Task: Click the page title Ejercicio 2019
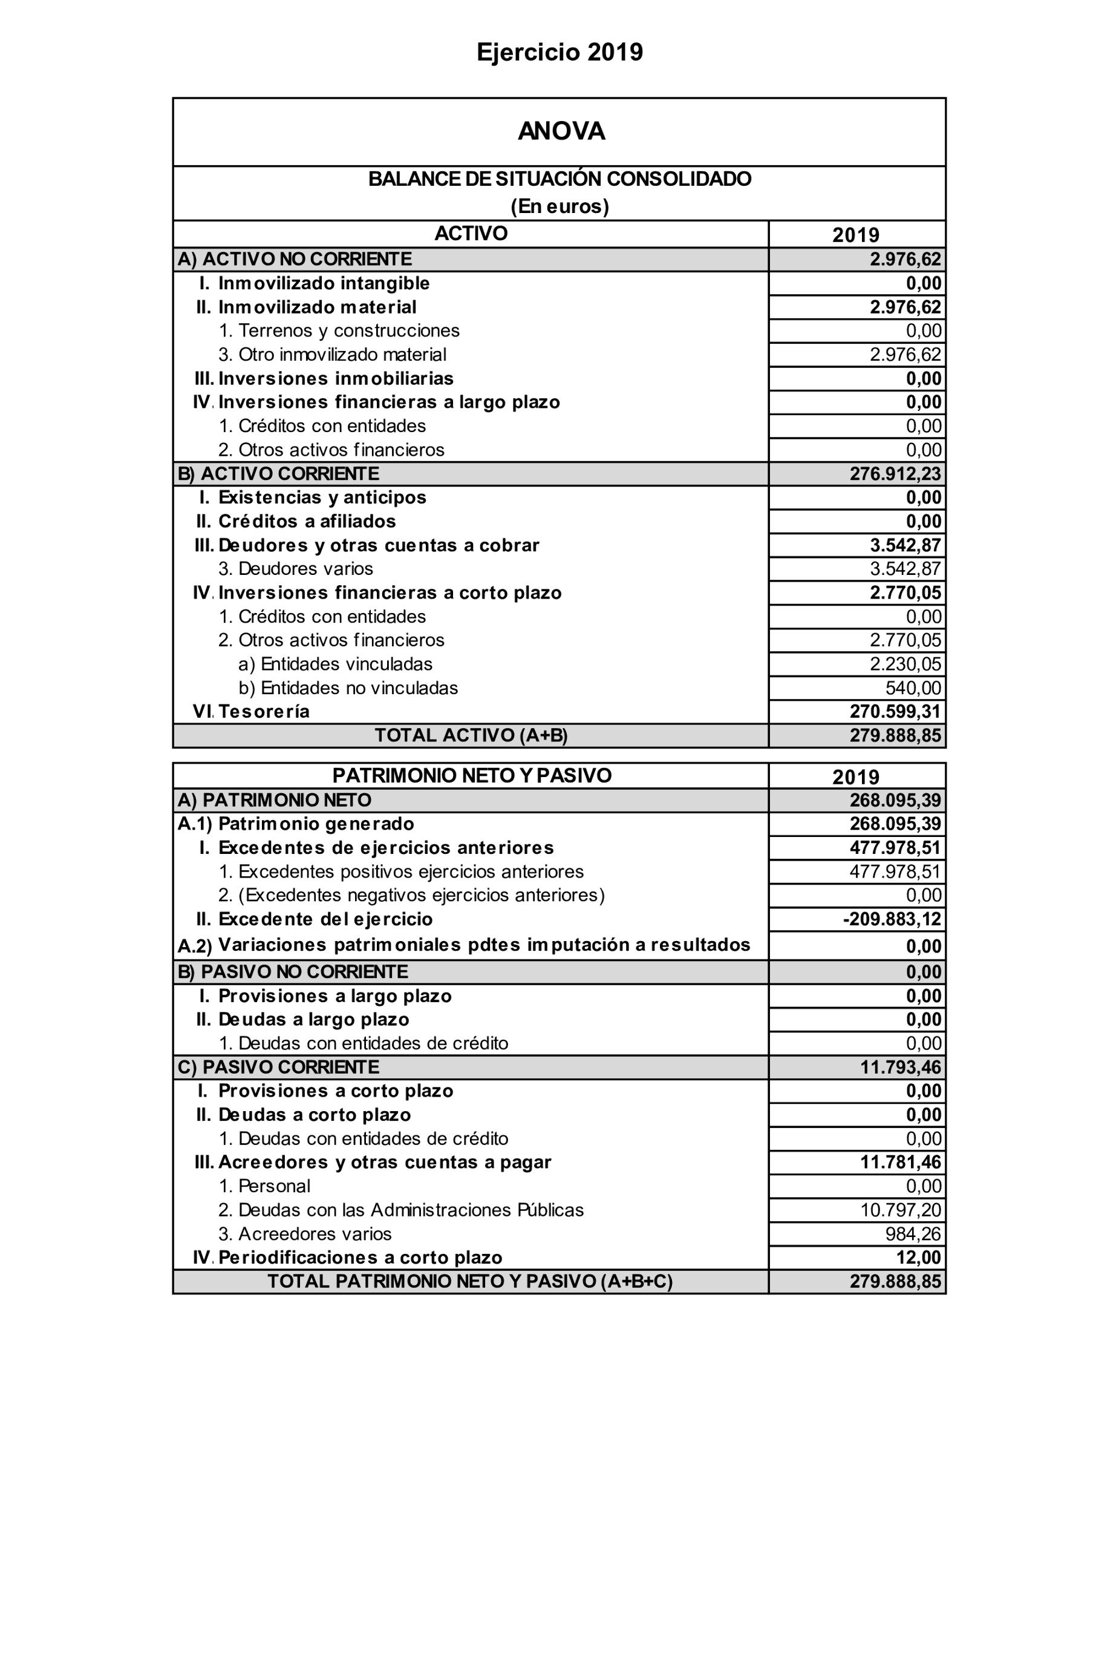559,52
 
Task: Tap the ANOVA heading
561,131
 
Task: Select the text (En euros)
559,206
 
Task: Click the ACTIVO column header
471,234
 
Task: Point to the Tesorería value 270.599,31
895,712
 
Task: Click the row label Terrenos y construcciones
339,330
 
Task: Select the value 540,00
913,688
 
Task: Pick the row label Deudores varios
295,569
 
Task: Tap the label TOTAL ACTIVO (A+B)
471,735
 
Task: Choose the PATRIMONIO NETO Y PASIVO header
472,776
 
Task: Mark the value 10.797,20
900,1210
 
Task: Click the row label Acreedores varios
305,1235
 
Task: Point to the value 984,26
913,1235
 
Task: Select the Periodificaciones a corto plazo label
360,1258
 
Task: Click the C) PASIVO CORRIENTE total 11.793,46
900,1068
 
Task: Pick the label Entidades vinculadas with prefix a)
336,664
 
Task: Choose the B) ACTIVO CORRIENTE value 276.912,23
895,474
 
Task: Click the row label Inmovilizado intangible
323,283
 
